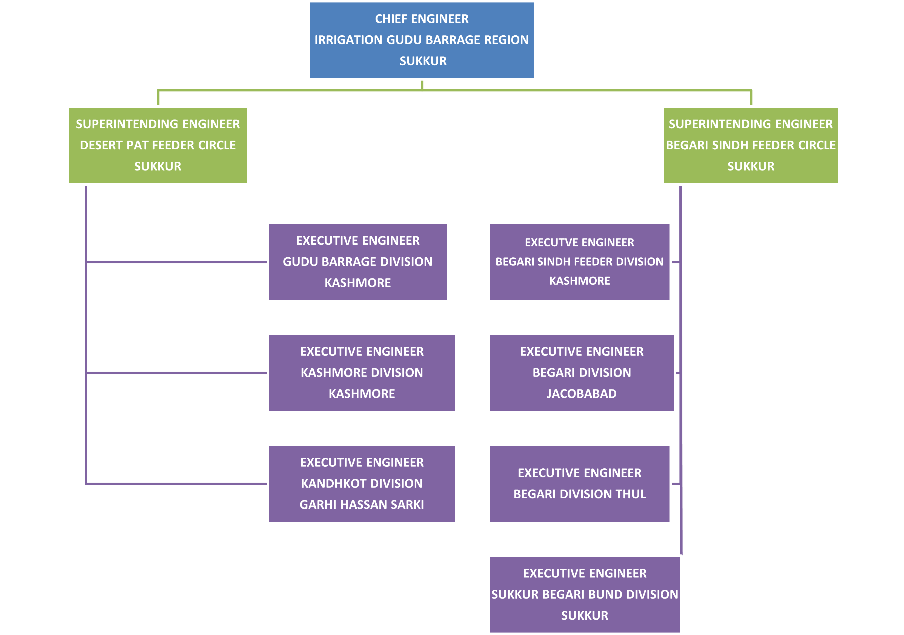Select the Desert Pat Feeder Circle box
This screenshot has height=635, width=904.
point(158,145)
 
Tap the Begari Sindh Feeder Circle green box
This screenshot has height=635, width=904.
point(751,145)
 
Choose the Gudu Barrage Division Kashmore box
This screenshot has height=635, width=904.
point(357,262)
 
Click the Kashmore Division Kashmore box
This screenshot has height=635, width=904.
point(362,373)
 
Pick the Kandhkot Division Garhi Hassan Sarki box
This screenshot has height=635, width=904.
point(362,484)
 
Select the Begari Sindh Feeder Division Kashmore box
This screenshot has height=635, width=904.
point(580,262)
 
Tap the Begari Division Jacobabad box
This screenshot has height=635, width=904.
point(582,373)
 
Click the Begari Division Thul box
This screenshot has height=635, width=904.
point(580,484)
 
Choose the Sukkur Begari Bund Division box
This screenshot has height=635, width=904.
point(585,594)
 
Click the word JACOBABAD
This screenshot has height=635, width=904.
point(582,394)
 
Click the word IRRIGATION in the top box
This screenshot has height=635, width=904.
point(348,40)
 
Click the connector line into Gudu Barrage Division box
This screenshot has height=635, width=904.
point(177,261)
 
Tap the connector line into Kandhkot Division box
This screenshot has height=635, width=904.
point(177,484)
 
